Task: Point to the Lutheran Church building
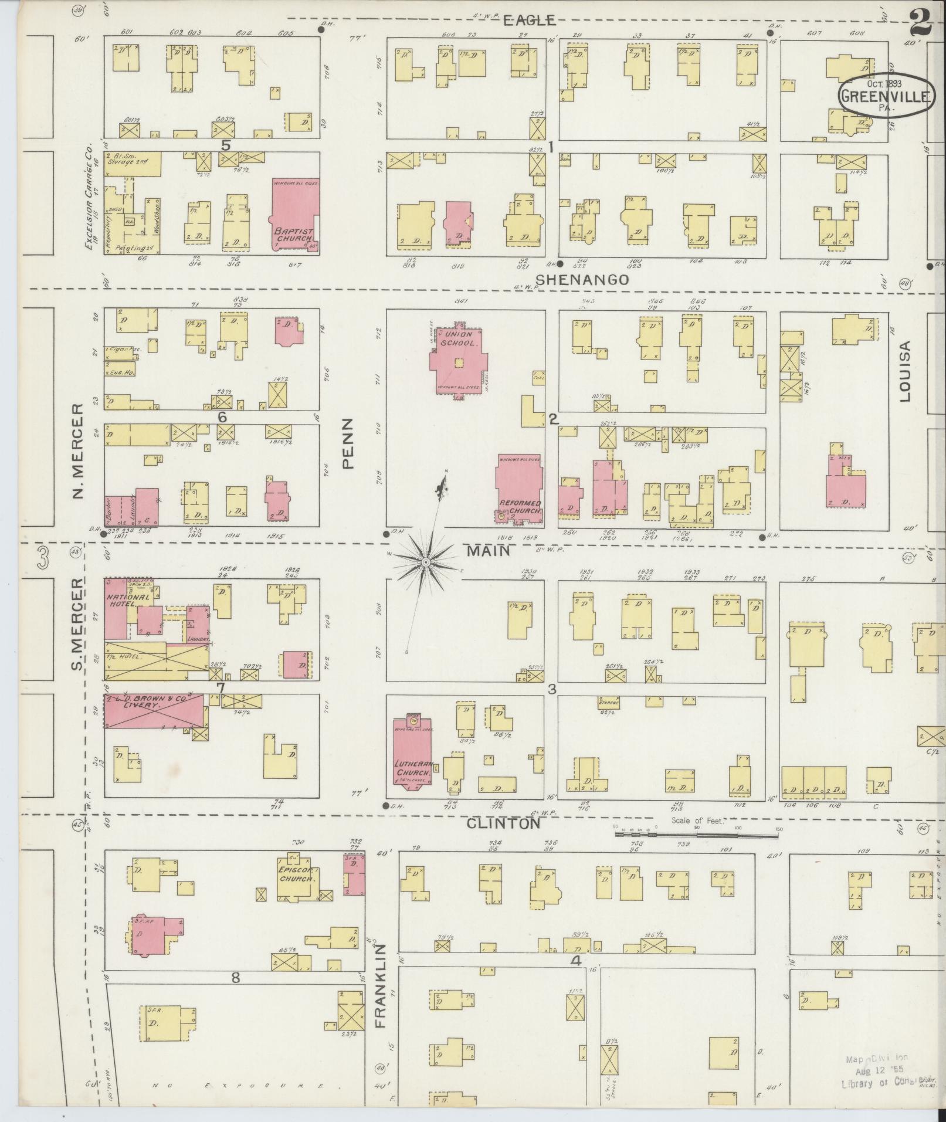tap(412, 751)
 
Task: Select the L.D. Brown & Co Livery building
tap(154, 711)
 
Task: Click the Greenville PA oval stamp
tap(884, 95)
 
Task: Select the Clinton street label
tap(503, 823)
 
